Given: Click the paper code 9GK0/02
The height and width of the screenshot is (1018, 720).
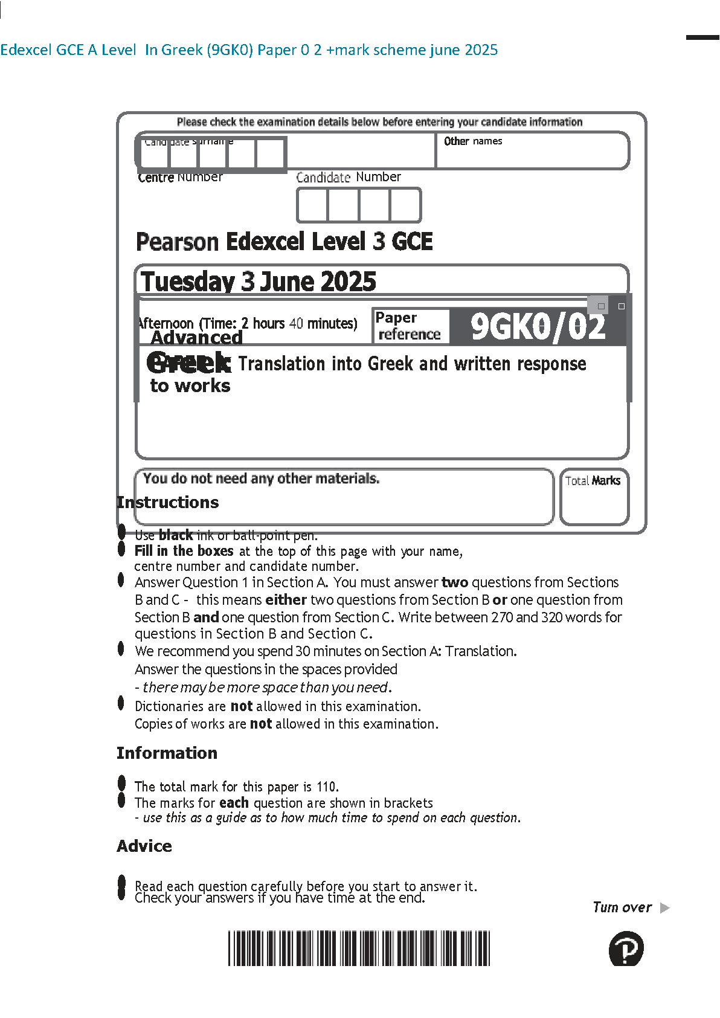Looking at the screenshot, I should coord(538,327).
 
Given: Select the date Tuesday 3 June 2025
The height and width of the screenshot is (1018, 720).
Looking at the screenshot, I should coord(259,282).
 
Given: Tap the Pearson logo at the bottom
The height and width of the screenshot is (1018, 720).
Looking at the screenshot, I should coord(626,949).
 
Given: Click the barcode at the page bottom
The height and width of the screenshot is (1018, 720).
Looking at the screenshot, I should coord(359,948).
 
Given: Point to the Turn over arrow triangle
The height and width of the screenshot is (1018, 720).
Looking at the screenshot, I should coord(665,908).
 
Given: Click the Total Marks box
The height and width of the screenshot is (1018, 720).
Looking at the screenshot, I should coord(594,497).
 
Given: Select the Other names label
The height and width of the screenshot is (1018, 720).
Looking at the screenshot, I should coord(473,141).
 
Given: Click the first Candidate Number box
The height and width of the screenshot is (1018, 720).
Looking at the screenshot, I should coord(312,205).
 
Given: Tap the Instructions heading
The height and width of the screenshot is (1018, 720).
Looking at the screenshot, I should coord(168,503).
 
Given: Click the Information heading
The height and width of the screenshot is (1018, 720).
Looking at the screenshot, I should coord(167,753).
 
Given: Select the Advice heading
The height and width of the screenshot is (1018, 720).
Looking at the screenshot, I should coord(144,846).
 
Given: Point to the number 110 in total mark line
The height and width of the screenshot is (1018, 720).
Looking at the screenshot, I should coord(327,787).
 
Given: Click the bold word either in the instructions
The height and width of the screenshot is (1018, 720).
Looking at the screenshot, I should coord(286,600).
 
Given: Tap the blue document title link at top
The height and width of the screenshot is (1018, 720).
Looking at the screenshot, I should coord(249,50).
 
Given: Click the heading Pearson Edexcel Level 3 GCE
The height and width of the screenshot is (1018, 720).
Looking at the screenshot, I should coord(284,242).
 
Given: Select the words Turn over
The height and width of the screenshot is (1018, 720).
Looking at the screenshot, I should coord(622,907).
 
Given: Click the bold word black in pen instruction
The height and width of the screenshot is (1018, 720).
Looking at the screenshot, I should coord(176,535).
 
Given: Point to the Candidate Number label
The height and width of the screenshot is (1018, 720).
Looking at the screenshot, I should coord(349,177).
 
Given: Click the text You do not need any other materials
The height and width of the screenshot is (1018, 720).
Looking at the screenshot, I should coord(261,478).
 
